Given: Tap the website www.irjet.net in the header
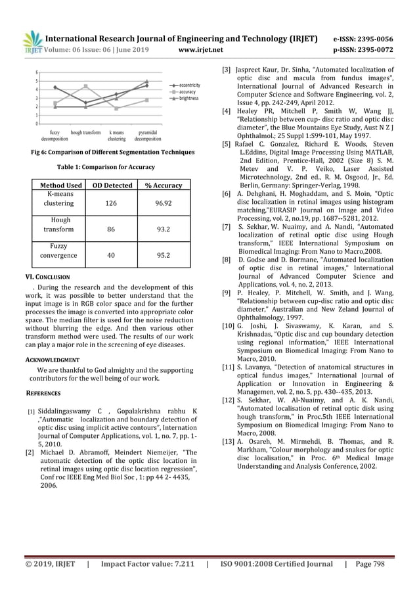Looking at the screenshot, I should (201, 49).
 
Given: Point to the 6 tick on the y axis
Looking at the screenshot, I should (37, 72).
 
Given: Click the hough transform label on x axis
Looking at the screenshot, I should (85, 132).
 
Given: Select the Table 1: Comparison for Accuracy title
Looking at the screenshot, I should (110, 167).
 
